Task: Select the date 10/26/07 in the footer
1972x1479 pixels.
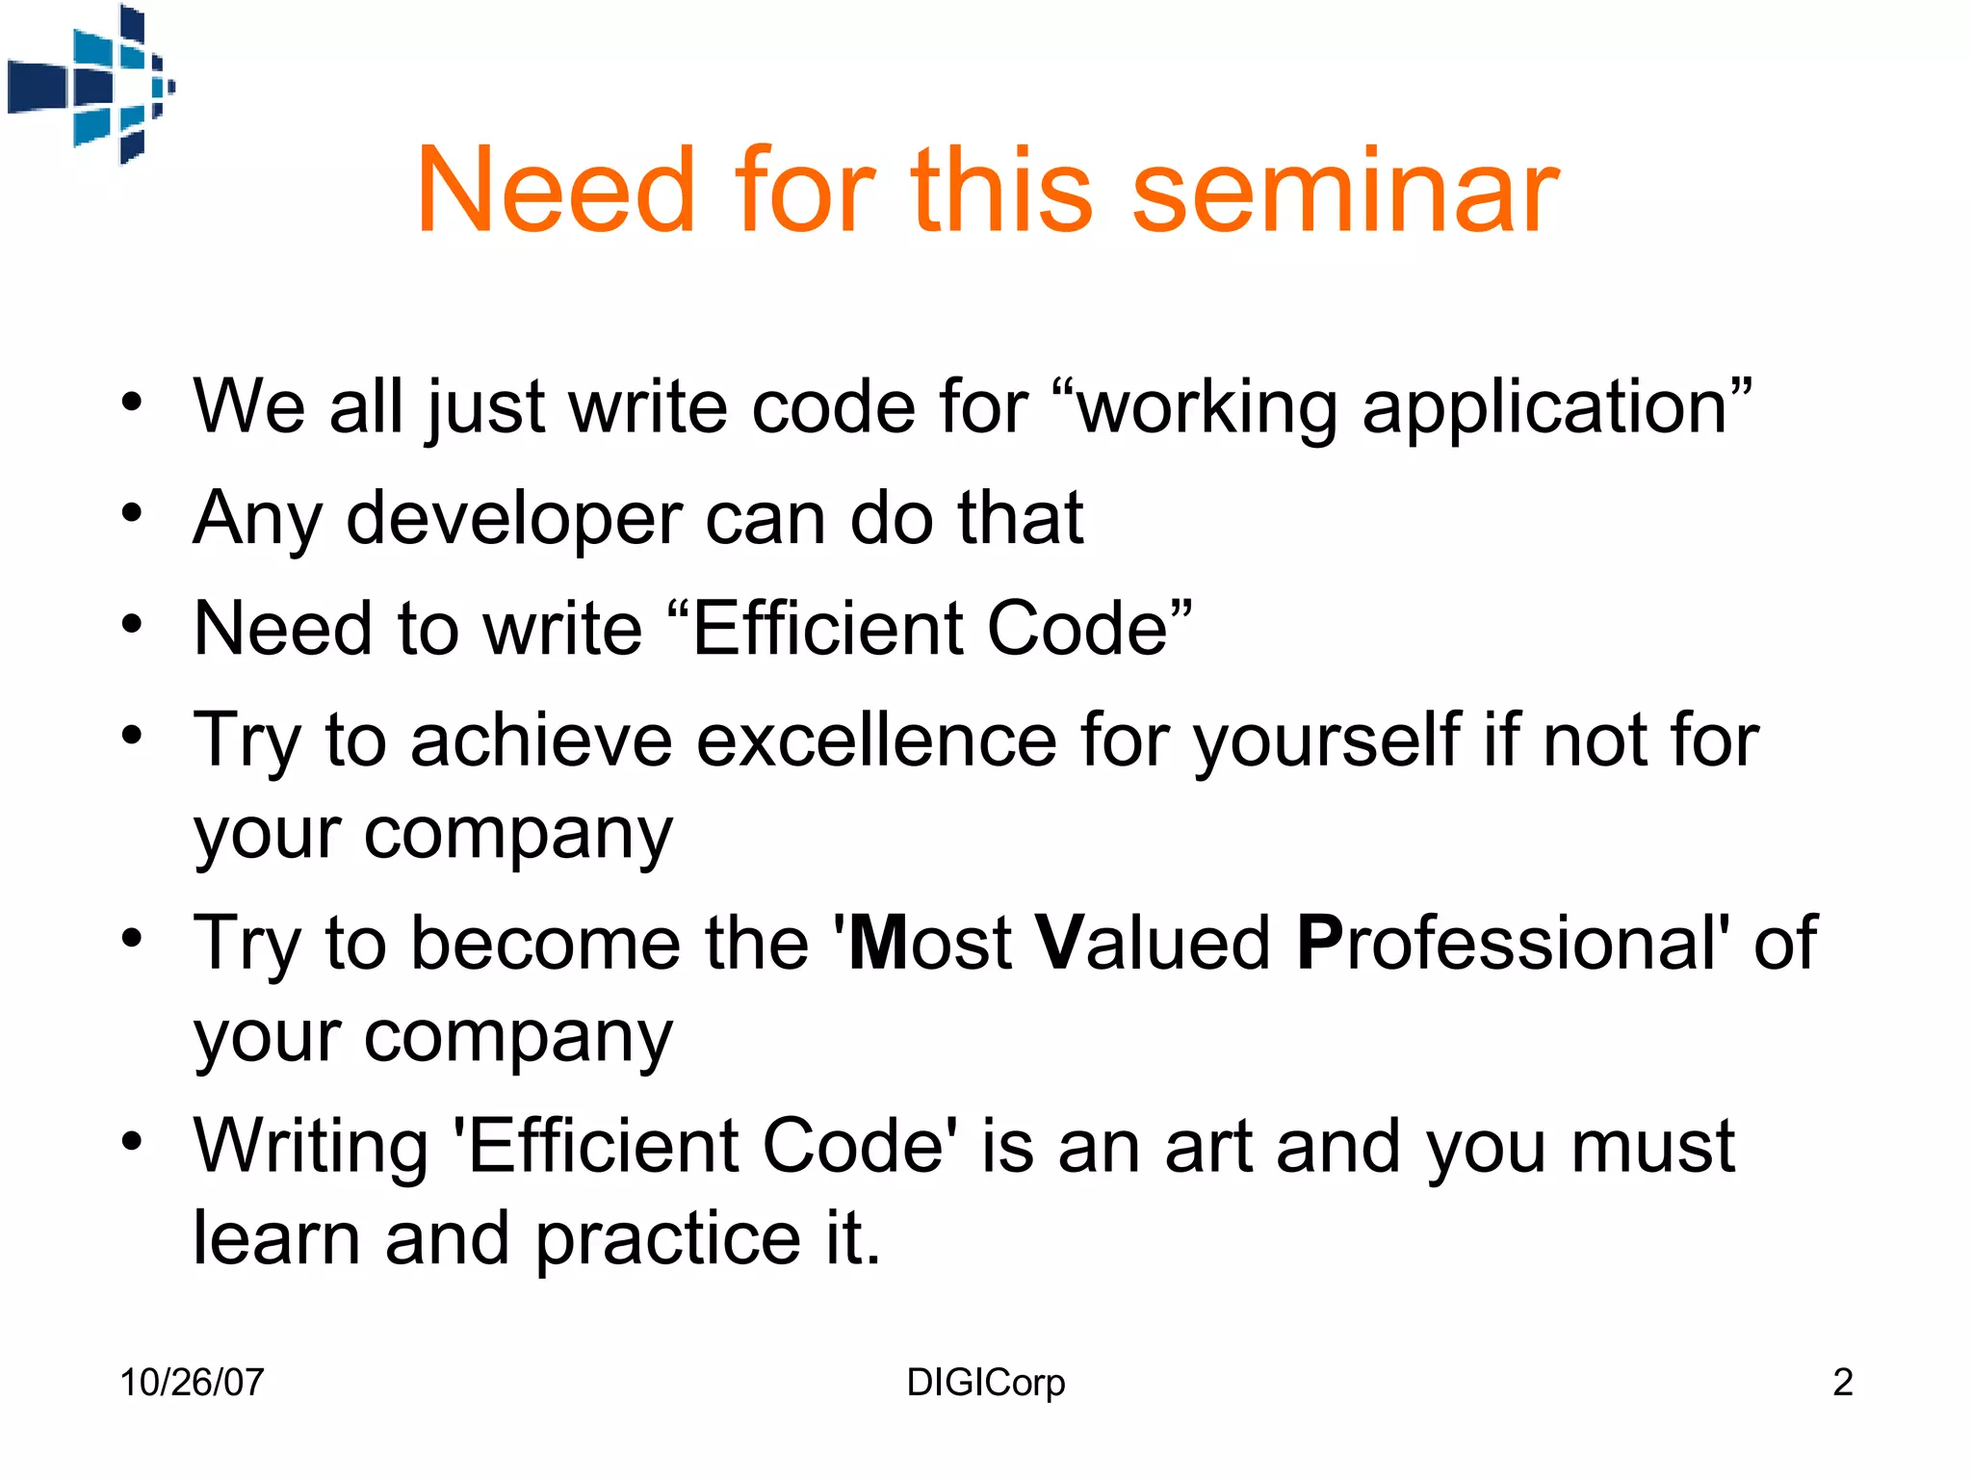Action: (x=192, y=1383)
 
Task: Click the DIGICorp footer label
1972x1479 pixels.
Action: (x=985, y=1383)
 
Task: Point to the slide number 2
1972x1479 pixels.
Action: (x=1842, y=1383)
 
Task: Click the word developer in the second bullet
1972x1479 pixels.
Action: (x=513, y=520)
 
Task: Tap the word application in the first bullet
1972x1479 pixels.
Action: (x=1544, y=408)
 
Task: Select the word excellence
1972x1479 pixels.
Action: (x=876, y=741)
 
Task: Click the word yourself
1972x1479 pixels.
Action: (x=1327, y=741)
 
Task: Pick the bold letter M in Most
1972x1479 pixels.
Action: (x=878, y=943)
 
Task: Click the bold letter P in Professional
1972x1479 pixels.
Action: (x=1319, y=943)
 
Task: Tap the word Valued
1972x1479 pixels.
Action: (x=1153, y=943)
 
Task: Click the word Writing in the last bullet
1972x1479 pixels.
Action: (x=310, y=1148)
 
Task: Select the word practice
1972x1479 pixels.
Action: (x=667, y=1238)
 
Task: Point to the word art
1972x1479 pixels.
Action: (x=1208, y=1148)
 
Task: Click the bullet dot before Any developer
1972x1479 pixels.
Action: (x=132, y=512)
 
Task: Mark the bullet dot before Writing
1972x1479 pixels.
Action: (x=132, y=1141)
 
